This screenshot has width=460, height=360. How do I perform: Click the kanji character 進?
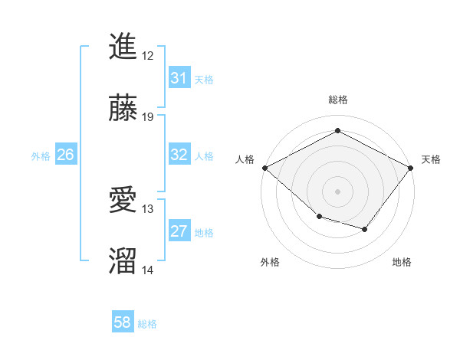(x=123, y=47)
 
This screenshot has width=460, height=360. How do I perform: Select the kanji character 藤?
(x=123, y=109)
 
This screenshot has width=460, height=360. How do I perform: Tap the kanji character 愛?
(x=123, y=201)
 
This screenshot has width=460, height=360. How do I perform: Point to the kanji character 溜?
(x=123, y=262)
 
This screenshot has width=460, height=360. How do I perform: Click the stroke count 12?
(x=148, y=56)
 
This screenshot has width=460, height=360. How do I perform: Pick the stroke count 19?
(x=148, y=117)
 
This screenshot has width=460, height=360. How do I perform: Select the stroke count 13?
(x=148, y=209)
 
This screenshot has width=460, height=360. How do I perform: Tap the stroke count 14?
(x=148, y=270)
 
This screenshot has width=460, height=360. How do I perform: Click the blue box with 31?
(x=179, y=78)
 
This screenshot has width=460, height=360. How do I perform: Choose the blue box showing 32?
(x=179, y=155)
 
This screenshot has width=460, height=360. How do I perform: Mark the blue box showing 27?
(x=179, y=231)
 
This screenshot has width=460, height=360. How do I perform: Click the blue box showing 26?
(x=65, y=155)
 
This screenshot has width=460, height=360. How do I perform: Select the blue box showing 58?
(x=122, y=323)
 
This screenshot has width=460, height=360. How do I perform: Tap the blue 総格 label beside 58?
(x=147, y=324)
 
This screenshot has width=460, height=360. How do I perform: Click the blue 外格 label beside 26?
(x=41, y=155)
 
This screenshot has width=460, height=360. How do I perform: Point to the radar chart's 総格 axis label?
(x=338, y=100)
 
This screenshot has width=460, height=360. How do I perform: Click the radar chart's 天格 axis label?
(x=431, y=159)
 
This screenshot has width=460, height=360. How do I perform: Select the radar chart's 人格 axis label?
(x=245, y=159)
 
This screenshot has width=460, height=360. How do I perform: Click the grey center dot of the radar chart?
(x=338, y=191)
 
